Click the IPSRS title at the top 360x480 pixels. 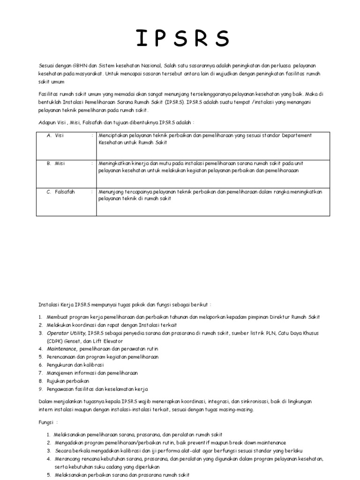point(183,39)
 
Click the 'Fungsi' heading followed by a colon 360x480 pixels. point(47,421)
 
